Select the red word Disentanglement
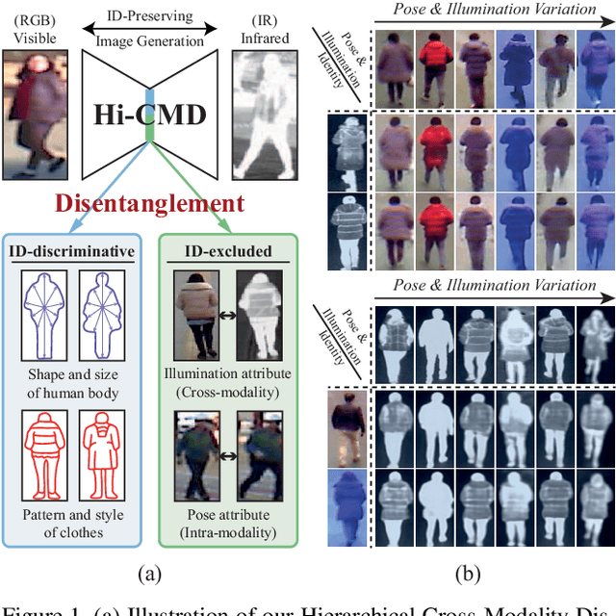(149, 203)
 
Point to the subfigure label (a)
(149, 575)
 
